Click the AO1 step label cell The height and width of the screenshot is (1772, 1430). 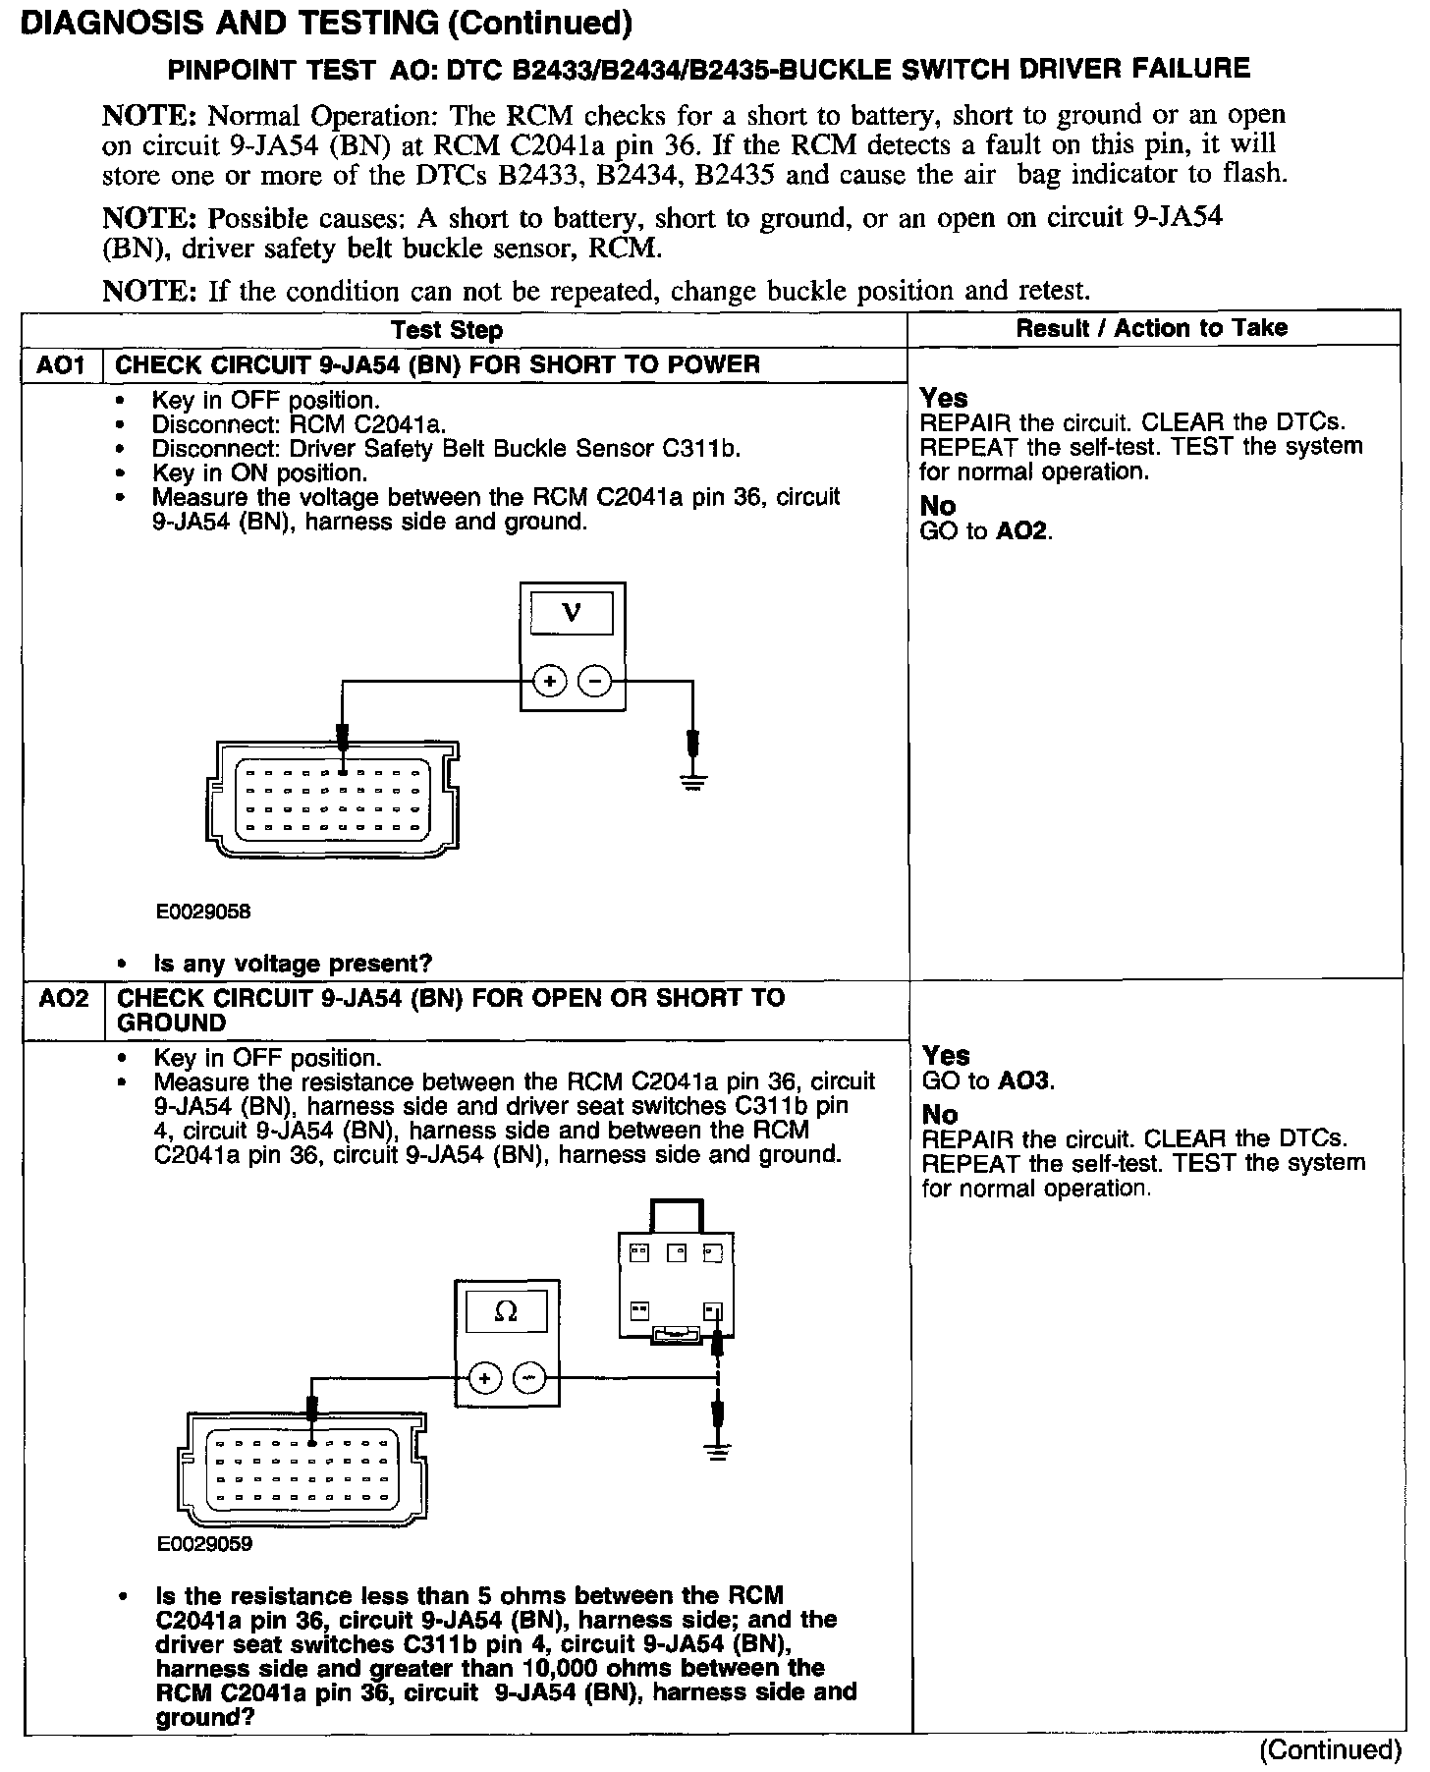61,365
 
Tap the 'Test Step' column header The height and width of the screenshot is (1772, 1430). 447,330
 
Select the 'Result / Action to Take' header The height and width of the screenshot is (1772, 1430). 1151,328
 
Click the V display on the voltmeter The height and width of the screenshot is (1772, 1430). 571,614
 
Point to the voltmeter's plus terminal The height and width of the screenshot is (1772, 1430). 550,680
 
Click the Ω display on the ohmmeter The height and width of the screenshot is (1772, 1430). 506,1311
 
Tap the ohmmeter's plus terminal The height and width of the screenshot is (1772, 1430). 484,1378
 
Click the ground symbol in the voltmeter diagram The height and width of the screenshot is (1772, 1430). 693,782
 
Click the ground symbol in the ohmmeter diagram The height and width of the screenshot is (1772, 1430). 719,1452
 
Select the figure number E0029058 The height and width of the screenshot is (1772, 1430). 203,912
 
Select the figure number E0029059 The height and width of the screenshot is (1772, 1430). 204,1544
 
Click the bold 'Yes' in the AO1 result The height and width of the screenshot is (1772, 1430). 944,399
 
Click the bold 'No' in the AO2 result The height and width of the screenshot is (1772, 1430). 939,1115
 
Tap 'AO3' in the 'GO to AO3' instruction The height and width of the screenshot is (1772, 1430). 1025,1081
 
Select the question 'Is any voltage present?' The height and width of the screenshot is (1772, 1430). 293,964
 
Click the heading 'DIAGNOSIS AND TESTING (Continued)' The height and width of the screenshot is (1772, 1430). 326,24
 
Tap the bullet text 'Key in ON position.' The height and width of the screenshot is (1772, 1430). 259,472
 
